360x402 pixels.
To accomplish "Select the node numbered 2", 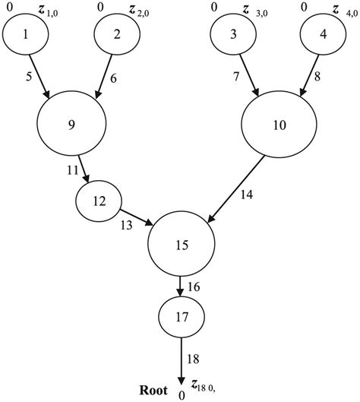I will [x=116, y=35].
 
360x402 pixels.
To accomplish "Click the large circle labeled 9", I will [x=71, y=125].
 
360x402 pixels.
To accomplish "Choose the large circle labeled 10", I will [x=279, y=125].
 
